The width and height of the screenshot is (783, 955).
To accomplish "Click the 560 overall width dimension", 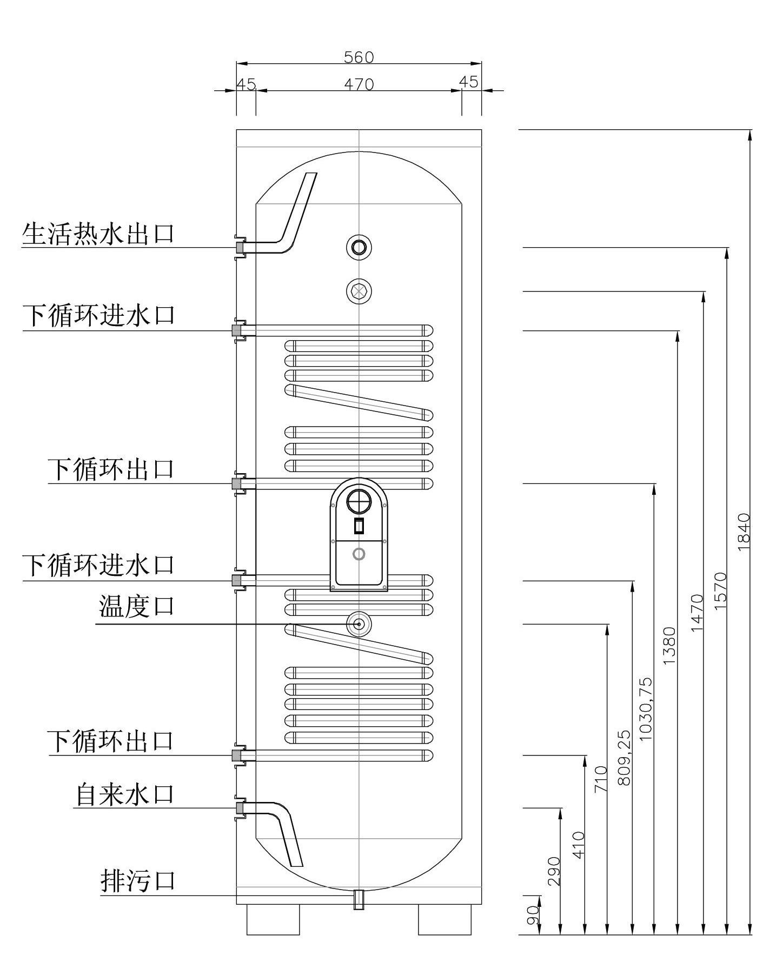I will click(x=359, y=57).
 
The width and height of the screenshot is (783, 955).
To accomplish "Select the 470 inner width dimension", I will click(x=359, y=84).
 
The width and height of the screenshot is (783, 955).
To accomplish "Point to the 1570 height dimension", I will click(x=720, y=591).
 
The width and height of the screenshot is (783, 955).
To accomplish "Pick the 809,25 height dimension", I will click(x=623, y=757).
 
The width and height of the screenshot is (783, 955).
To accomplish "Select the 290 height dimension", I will click(x=554, y=871).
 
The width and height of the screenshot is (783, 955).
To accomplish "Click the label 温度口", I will click(x=137, y=606).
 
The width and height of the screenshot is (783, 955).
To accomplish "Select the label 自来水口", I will click(x=124, y=795).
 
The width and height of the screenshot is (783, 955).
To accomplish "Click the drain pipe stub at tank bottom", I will click(x=359, y=899).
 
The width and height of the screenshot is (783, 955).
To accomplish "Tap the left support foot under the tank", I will click(x=273, y=919).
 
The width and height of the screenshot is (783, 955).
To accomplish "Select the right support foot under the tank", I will click(x=446, y=919).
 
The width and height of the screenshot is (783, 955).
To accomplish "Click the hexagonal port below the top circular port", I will click(x=359, y=291).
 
